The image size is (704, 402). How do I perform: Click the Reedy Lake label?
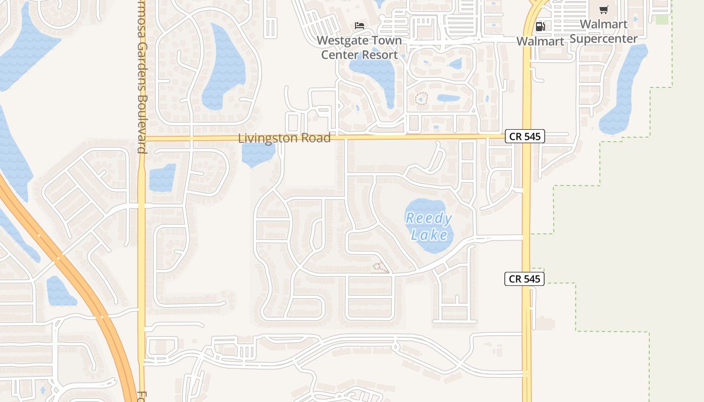pyautogui.click(x=428, y=226)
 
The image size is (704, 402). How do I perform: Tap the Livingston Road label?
pyautogui.click(x=284, y=138)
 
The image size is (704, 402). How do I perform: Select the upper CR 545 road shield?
pyautogui.click(x=524, y=136)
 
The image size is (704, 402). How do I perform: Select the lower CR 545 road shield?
pyautogui.click(x=524, y=279)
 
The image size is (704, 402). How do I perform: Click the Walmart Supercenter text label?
pyautogui.click(x=603, y=31)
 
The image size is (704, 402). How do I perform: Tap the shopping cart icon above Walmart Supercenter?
pyautogui.click(x=604, y=10)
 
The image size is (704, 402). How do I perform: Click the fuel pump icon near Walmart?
pyautogui.click(x=540, y=26)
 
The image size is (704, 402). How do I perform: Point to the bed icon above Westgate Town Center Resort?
pyautogui.click(x=360, y=25)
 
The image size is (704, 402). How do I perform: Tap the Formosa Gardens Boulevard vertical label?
pyautogui.click(x=142, y=75)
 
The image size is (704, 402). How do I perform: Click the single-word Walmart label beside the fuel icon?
pyautogui.click(x=541, y=41)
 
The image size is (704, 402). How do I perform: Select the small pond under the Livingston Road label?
pyautogui.click(x=257, y=155)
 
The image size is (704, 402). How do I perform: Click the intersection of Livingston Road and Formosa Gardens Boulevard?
pyautogui.click(x=142, y=138)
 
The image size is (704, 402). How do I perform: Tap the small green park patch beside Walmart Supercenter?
pyautogui.click(x=662, y=20)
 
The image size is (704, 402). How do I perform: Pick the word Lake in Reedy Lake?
pyautogui.click(x=429, y=235)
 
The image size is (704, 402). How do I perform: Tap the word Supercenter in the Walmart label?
pyautogui.click(x=603, y=39)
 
